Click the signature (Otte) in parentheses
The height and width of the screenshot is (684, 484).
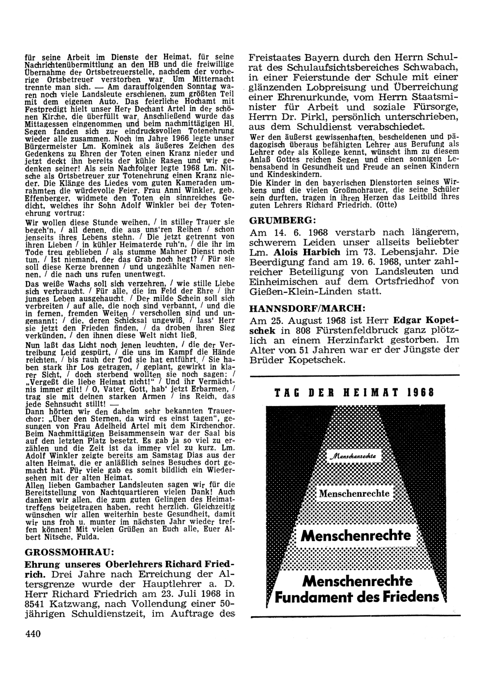click(385, 204)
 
